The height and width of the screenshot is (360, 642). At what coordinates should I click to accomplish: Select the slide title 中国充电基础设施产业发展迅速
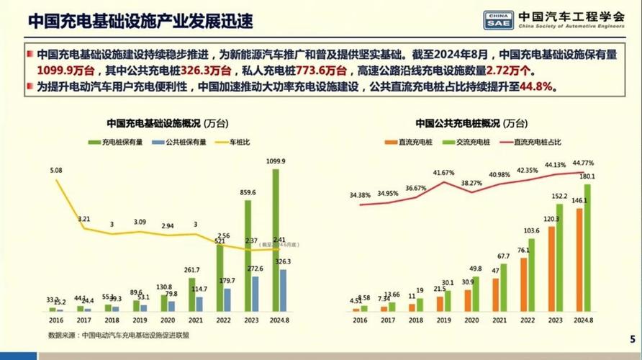point(140,22)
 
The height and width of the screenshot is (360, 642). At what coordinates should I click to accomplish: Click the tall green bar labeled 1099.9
point(275,241)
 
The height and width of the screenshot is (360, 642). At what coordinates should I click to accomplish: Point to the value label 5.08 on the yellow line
point(56,171)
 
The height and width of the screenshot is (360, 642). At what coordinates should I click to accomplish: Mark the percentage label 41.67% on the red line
point(443,173)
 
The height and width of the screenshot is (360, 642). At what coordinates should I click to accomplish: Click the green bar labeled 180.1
point(587,248)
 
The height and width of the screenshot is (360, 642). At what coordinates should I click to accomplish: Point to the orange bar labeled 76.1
point(523,284)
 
